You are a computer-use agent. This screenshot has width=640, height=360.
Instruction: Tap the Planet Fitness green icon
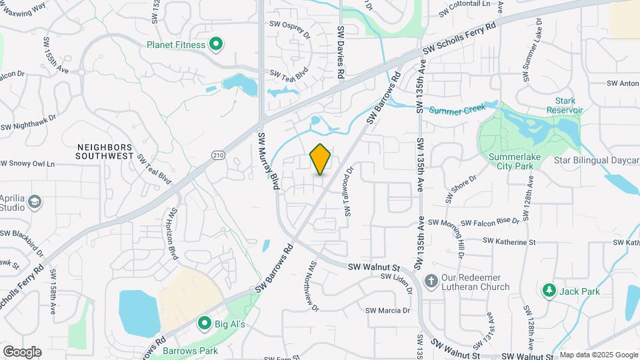[x=215, y=45]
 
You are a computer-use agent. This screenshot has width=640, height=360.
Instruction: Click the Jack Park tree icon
[x=549, y=291]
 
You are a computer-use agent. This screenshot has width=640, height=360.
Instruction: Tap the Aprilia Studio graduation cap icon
[x=35, y=201]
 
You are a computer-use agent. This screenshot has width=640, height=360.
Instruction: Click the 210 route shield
[x=218, y=155]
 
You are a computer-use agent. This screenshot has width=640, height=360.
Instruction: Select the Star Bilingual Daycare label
[x=597, y=161]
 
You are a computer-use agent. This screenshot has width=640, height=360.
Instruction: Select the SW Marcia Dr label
[x=387, y=310]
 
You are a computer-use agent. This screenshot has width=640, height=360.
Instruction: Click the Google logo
[x=22, y=351]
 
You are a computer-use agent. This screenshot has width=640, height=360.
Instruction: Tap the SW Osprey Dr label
[x=290, y=25]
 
